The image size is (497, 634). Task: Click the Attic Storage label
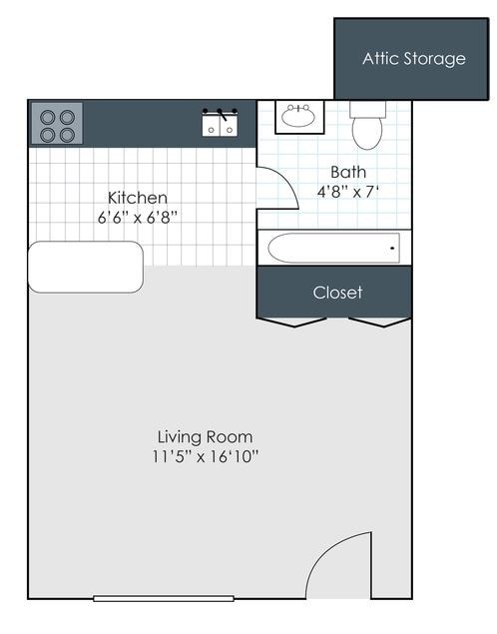coord(413,58)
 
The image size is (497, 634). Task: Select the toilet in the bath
coord(366,127)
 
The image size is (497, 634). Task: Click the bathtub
coord(333,248)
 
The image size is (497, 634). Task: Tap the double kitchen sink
coord(220,125)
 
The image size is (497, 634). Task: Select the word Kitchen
coord(138,198)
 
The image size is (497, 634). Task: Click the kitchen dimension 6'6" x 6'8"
coord(138,217)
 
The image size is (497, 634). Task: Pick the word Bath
coord(348,172)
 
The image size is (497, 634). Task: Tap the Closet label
coord(337,293)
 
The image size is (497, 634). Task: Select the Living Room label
coord(205,436)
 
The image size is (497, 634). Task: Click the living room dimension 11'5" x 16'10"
coord(205,456)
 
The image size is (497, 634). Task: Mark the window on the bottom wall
coord(164,598)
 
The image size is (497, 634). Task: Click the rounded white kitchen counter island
coord(86,267)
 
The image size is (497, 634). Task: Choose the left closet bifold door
coord(291,322)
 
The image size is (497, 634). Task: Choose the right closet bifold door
coord(380,322)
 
